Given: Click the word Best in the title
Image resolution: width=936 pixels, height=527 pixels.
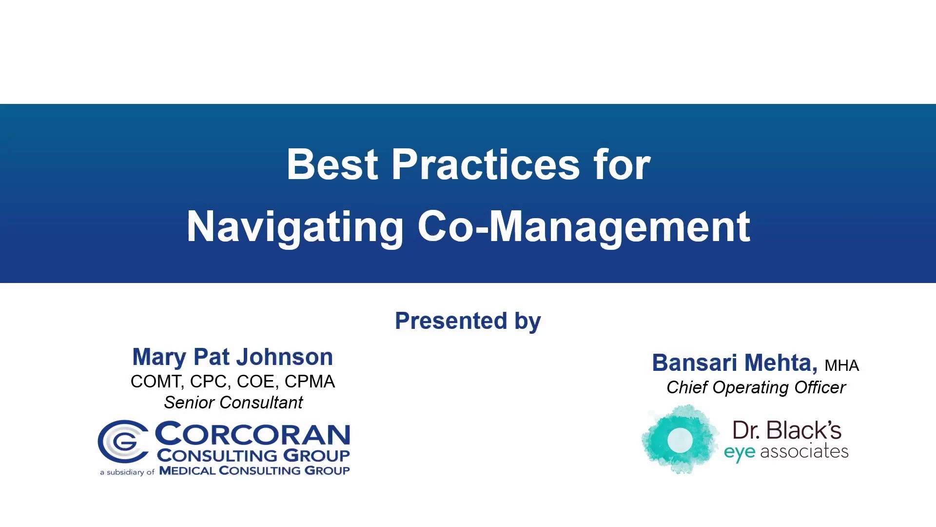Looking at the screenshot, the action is (332, 164).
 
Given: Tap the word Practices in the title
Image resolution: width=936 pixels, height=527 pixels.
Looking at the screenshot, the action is (486, 164).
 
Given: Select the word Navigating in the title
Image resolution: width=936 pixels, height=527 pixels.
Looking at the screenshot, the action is (295, 227).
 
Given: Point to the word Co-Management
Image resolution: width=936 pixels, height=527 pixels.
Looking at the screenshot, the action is (584, 227).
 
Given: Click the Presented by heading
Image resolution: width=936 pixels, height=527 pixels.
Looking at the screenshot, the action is (468, 321).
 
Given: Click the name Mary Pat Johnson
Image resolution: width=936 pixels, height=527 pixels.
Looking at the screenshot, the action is (233, 357).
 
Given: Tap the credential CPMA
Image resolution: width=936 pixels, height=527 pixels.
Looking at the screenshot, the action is (310, 382).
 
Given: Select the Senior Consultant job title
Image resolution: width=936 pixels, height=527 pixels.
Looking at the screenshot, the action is (233, 403).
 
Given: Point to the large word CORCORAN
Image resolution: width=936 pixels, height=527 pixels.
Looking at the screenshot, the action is (253, 434).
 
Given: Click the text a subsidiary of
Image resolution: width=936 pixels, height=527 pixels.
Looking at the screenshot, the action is (127, 472).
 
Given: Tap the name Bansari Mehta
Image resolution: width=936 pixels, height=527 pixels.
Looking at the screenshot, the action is (735, 363).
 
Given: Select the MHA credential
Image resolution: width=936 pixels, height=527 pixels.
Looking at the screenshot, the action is (842, 365).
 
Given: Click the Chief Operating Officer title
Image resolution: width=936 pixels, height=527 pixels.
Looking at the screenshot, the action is (756, 387).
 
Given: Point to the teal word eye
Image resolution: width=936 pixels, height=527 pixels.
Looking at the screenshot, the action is (740, 452).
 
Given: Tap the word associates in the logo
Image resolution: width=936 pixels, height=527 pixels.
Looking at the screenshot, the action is (804, 451).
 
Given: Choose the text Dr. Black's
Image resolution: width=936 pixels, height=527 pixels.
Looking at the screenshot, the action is (787, 430).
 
